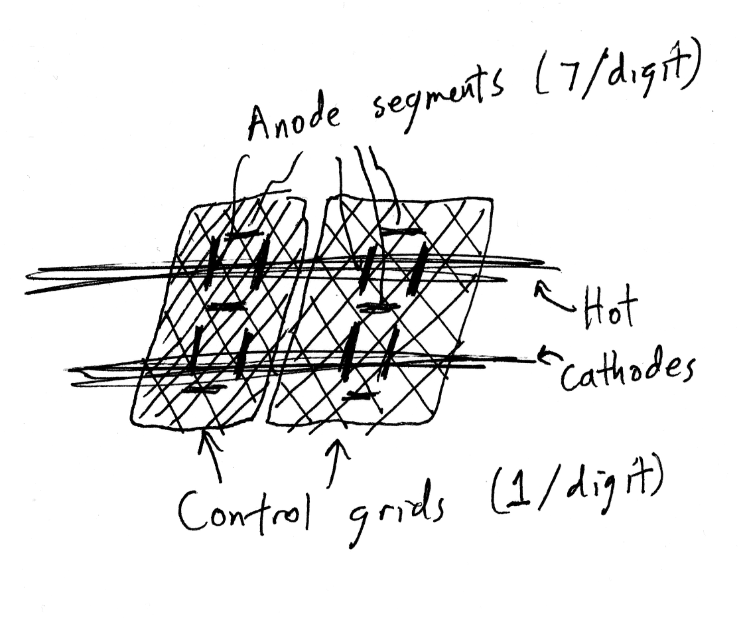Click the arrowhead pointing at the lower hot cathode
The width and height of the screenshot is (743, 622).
click(x=543, y=356)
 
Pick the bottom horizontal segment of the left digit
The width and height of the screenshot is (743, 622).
click(x=199, y=390)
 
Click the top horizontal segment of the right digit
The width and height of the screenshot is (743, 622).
click(x=401, y=232)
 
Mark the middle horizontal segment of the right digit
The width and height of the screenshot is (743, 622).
click(x=375, y=306)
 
